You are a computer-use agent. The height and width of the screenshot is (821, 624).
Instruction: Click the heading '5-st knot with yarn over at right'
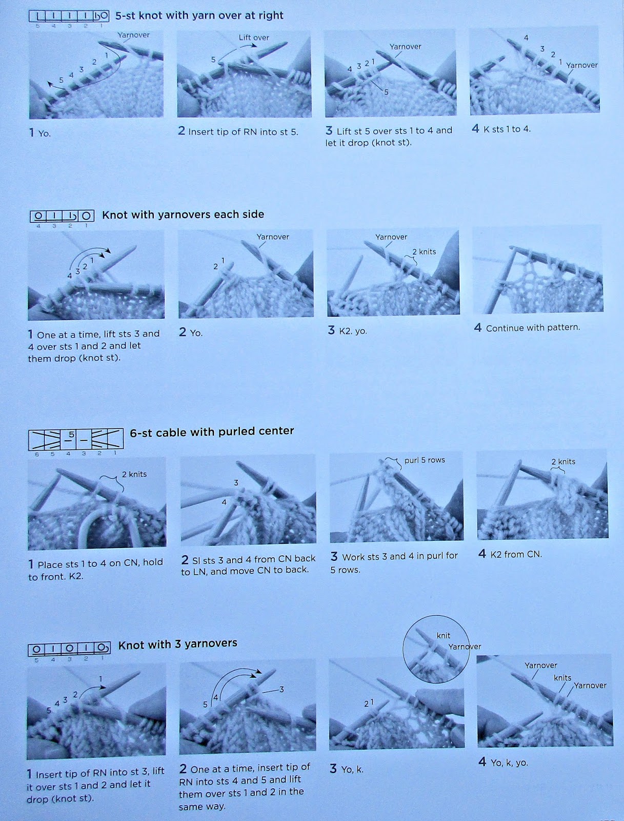tap(199, 15)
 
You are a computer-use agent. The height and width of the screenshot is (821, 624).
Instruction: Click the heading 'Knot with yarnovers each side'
tap(183, 214)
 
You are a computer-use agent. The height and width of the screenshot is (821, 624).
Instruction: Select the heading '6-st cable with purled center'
tap(212, 431)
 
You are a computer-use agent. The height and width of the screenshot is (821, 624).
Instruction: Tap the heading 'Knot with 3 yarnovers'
tap(178, 643)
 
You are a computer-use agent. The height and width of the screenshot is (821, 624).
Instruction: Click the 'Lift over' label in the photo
tap(254, 37)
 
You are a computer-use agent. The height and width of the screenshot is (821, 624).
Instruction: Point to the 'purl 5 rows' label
tap(425, 460)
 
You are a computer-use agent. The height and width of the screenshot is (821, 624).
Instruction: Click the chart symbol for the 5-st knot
tap(69, 16)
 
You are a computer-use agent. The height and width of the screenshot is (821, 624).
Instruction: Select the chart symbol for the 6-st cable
tap(76, 439)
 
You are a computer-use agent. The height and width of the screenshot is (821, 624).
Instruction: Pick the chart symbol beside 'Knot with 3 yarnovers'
tap(69, 649)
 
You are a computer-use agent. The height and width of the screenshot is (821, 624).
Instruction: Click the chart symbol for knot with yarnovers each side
tap(62, 216)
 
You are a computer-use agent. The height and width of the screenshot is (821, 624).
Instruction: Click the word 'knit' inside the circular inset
tap(444, 635)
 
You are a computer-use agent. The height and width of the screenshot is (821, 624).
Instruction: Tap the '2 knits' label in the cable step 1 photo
tap(134, 474)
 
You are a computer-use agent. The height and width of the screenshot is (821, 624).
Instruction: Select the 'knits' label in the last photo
tap(562, 678)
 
